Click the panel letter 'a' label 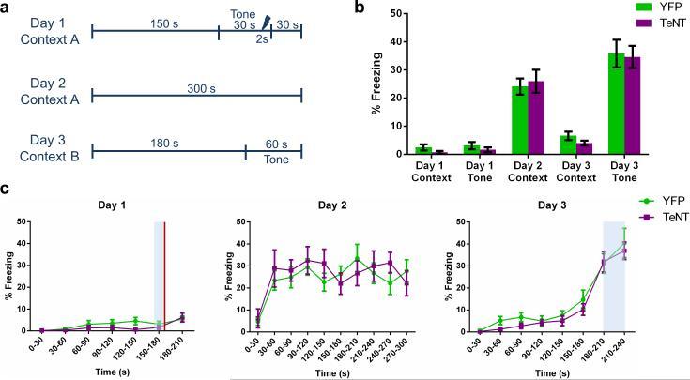click(x=8, y=8)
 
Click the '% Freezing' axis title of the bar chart click(x=376, y=84)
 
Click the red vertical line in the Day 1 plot click(x=165, y=276)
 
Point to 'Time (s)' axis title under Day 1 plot click(x=102, y=372)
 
